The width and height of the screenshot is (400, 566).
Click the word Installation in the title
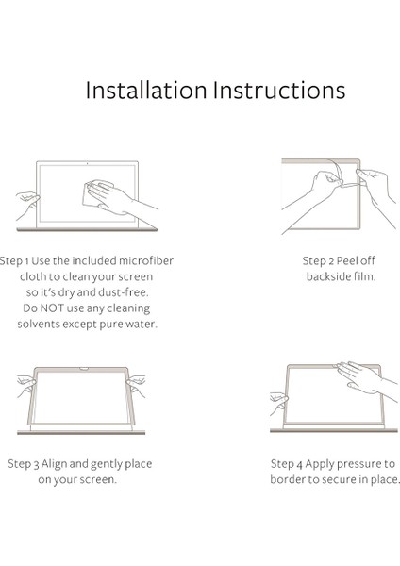click(146, 90)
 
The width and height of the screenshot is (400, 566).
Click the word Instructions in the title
click(279, 90)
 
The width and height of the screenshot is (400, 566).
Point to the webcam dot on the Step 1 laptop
click(87, 163)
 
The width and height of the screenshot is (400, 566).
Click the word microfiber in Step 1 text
click(146, 260)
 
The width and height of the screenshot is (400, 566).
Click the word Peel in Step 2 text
click(346, 260)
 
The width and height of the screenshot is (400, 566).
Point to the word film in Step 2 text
click(365, 276)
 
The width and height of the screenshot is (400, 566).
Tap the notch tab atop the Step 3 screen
click(84, 369)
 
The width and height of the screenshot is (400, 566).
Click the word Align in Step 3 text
click(54, 463)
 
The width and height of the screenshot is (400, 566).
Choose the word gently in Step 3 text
click(107, 464)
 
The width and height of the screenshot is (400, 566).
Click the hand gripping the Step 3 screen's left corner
click(26, 386)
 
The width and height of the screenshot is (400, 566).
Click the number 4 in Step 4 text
click(299, 464)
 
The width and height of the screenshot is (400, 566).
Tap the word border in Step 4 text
click(286, 479)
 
